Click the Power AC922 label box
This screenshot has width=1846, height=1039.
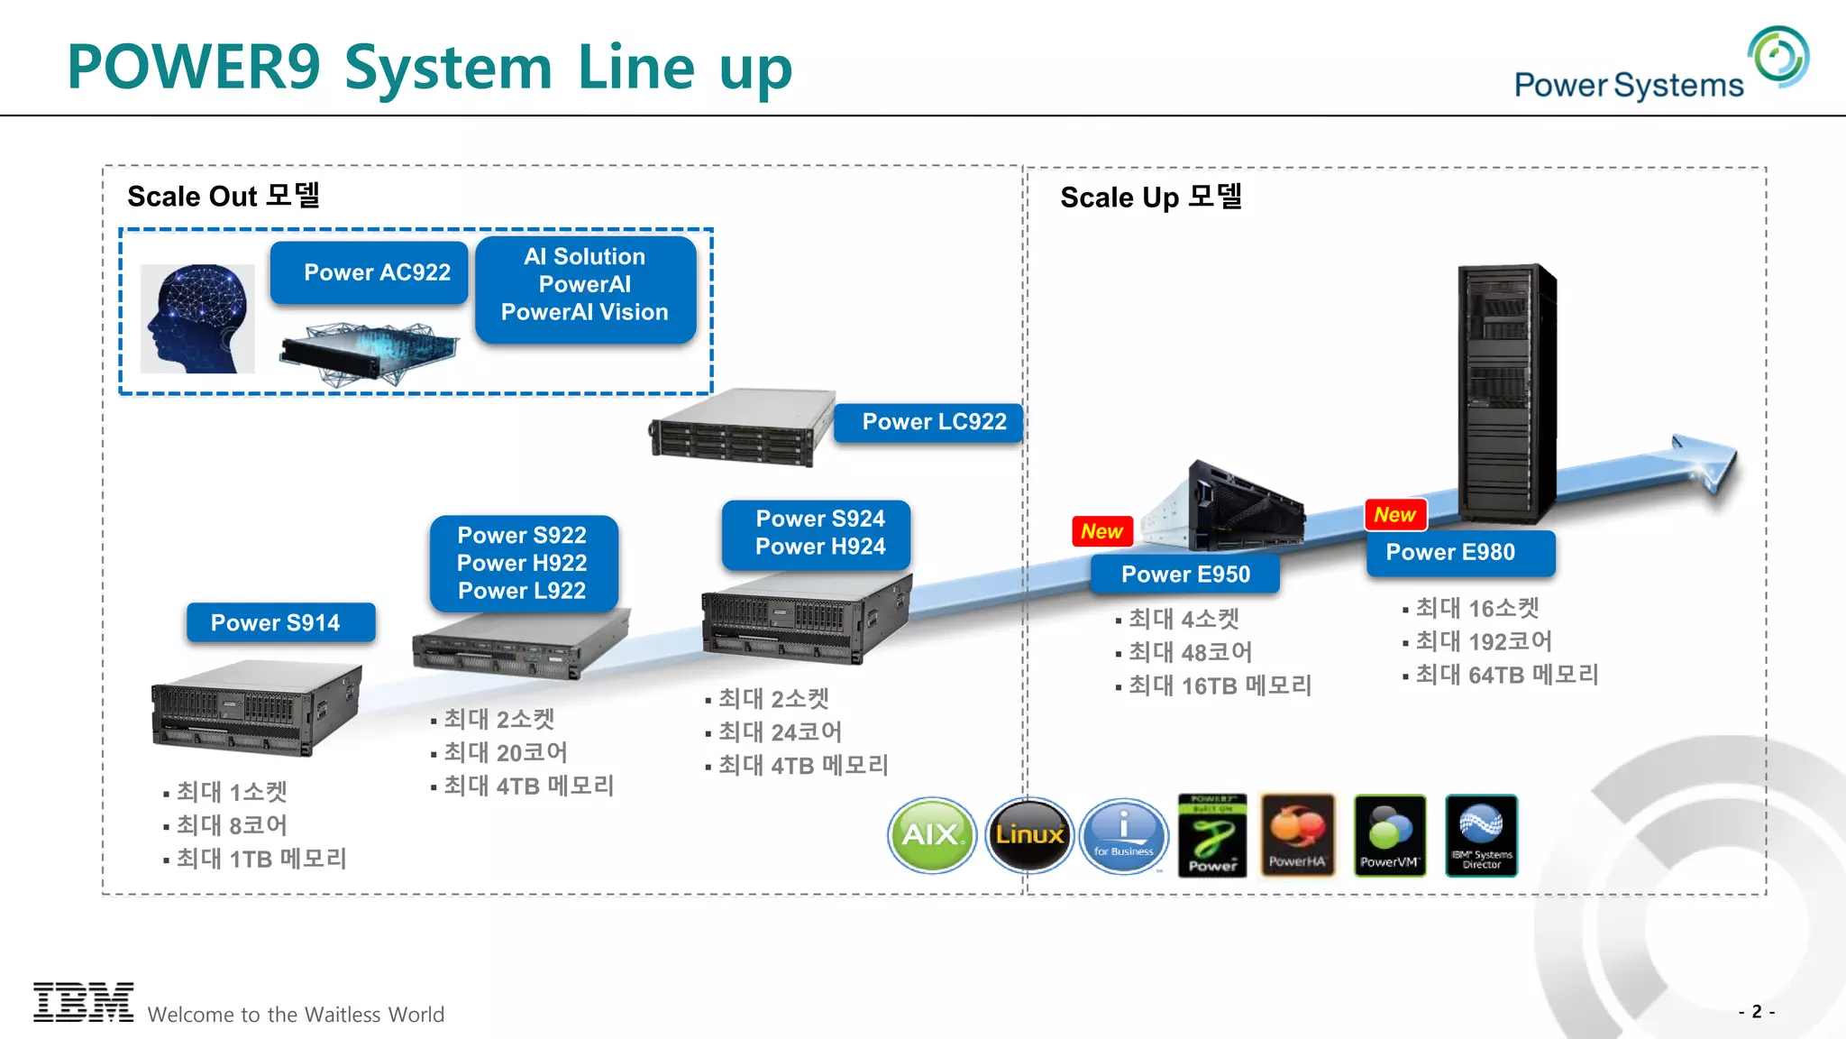coord(370,272)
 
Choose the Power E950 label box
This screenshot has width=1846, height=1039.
coord(1184,574)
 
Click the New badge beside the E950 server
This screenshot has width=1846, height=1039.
coord(1101,531)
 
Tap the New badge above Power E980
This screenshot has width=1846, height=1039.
coord(1395,515)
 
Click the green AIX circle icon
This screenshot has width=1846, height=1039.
coord(932,834)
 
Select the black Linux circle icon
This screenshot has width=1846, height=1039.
coord(1029,834)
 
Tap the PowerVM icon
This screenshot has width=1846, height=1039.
coord(1389,835)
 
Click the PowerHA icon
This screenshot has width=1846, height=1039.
coord(1297,835)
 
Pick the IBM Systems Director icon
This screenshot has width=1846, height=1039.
coord(1481,835)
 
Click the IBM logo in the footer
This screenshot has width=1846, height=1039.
coord(83,1002)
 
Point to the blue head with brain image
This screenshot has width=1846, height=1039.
coord(197,318)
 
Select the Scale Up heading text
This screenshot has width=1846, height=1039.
coord(1151,197)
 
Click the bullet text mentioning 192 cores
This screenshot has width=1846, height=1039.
coord(1483,641)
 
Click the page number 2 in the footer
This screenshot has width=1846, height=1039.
coord(1756,1011)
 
